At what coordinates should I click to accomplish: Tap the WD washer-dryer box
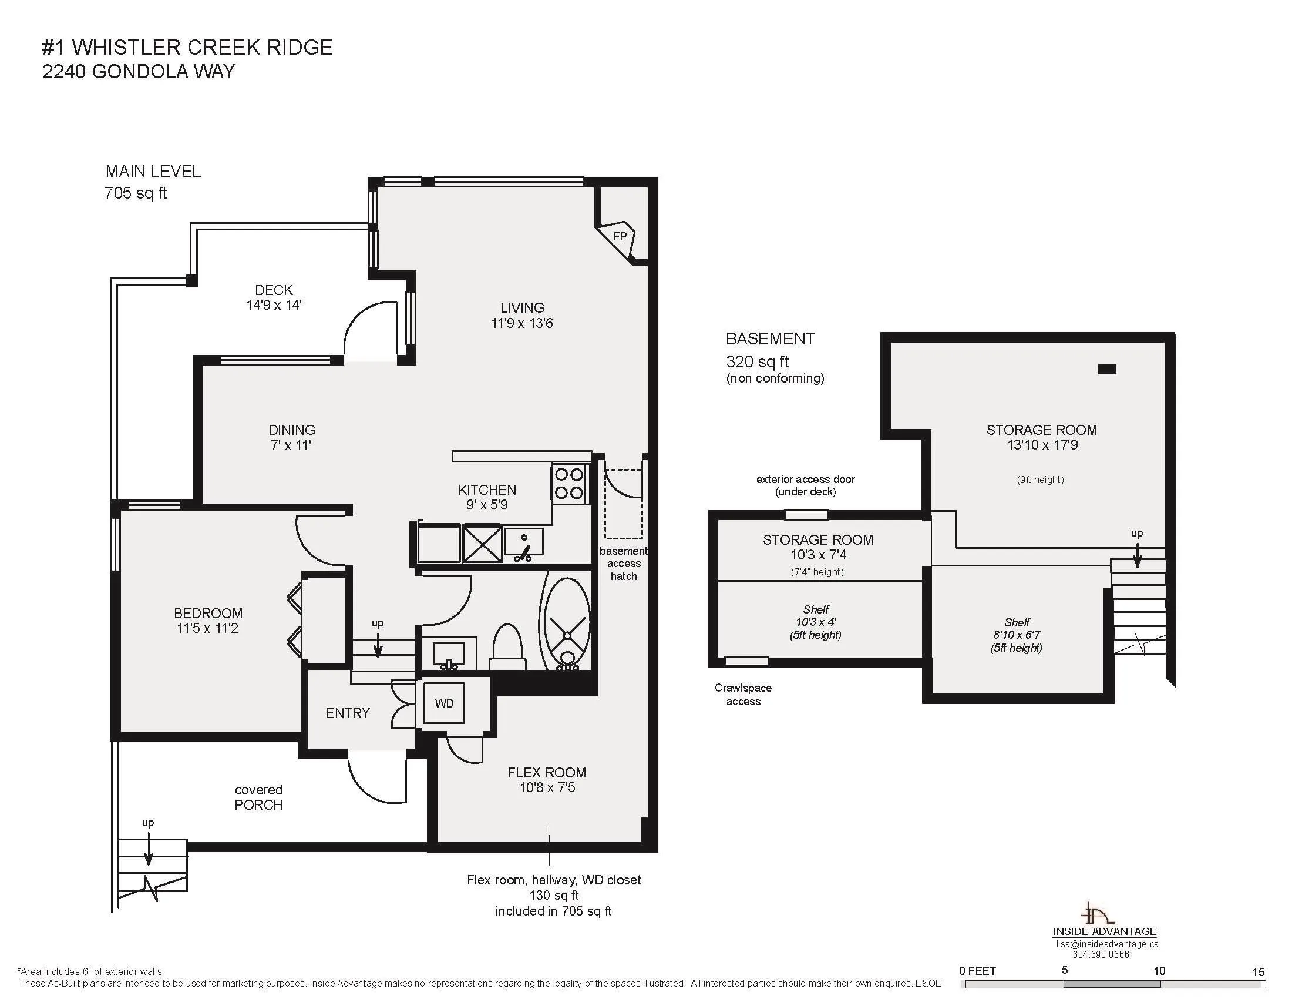tap(445, 703)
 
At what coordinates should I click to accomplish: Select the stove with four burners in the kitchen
tap(569, 484)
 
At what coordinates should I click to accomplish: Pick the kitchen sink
tap(523, 545)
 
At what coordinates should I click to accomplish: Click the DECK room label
tap(274, 290)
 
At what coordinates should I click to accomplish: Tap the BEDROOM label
tap(208, 613)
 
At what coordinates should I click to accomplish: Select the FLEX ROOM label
tap(547, 772)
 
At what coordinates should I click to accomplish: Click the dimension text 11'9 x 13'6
tap(521, 323)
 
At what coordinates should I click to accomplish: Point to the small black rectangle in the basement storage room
tap(1107, 369)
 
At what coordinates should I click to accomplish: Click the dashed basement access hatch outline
tap(623, 504)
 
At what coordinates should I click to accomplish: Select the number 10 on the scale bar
tap(1159, 971)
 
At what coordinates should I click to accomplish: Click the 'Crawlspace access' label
tap(743, 695)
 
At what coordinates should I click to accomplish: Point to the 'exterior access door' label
tap(806, 479)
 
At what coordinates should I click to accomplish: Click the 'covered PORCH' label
tap(258, 797)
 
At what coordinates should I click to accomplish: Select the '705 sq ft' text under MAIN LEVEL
tap(136, 193)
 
